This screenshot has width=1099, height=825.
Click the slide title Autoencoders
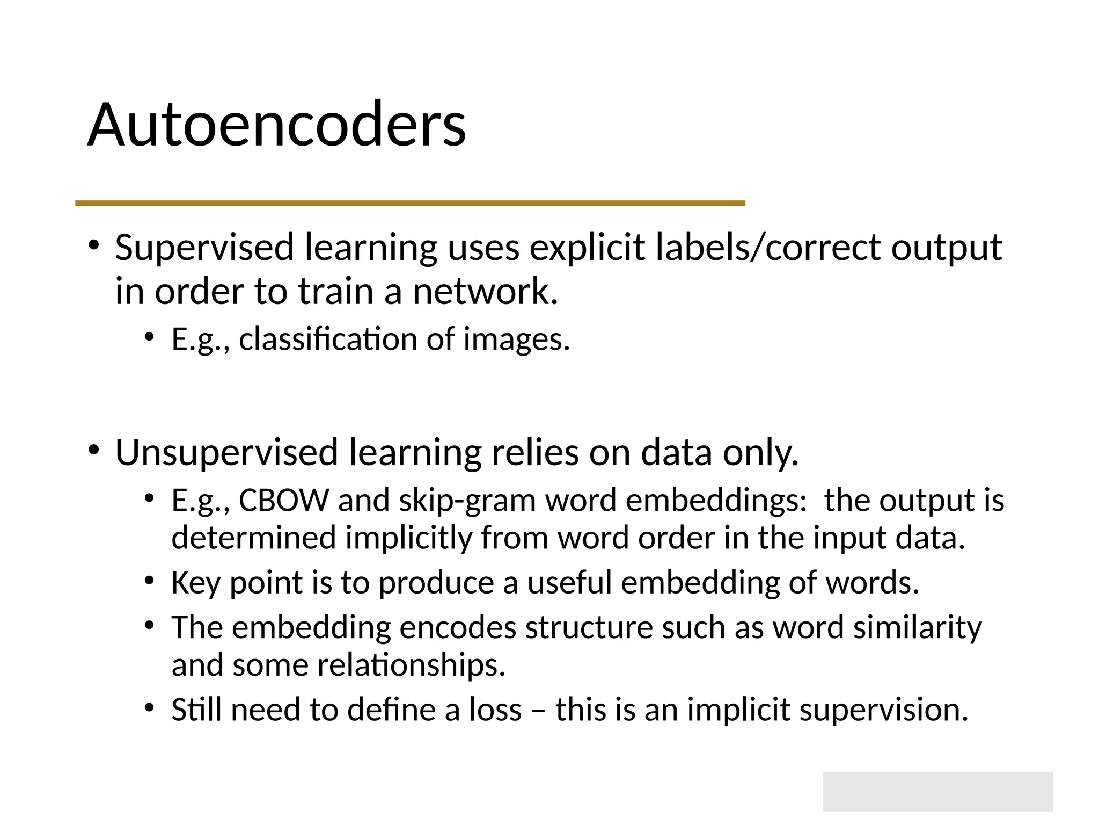276,125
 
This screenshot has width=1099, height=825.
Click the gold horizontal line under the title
410,203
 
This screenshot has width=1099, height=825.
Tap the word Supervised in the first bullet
204,248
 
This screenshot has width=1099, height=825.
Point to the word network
485,292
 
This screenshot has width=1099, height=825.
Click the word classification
328,339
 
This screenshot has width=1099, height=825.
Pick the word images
516,339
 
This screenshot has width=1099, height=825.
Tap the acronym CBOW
283,501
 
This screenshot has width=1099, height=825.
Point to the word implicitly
408,538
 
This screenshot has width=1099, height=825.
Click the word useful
569,583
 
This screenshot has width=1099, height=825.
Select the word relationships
411,665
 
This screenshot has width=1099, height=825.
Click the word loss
495,710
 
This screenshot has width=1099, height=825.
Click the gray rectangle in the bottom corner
937,791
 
